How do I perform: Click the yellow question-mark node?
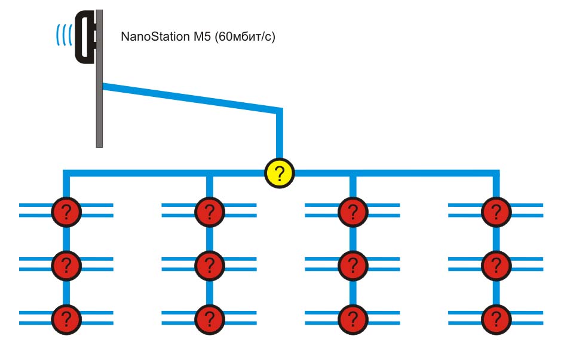[x=280, y=173]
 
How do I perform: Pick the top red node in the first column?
[x=66, y=210]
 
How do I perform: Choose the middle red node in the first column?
[x=66, y=264]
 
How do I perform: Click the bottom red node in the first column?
[x=66, y=318]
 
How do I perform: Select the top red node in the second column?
[x=209, y=210]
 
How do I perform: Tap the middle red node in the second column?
[x=209, y=264]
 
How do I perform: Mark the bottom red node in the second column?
[x=209, y=318]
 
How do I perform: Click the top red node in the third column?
[x=353, y=210]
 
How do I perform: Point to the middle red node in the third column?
[x=353, y=264]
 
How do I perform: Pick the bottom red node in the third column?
[x=353, y=318]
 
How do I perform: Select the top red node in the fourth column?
[x=495, y=210]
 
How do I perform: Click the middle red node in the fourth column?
[x=495, y=264]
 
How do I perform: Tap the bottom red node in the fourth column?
[x=495, y=318]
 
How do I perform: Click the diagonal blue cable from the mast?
[x=191, y=98]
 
